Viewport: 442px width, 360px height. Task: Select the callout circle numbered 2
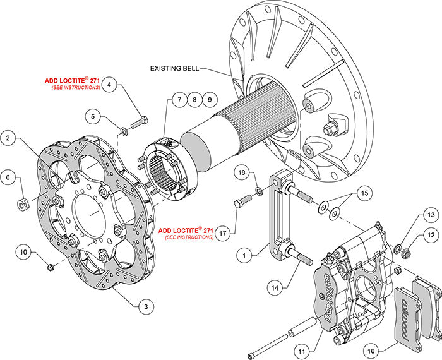click(x=8, y=137)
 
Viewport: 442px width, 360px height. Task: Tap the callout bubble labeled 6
click(x=8, y=179)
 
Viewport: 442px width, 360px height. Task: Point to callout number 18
click(x=242, y=172)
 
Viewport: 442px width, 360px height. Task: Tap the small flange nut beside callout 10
click(x=50, y=268)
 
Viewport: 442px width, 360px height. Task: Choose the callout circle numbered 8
click(x=194, y=100)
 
